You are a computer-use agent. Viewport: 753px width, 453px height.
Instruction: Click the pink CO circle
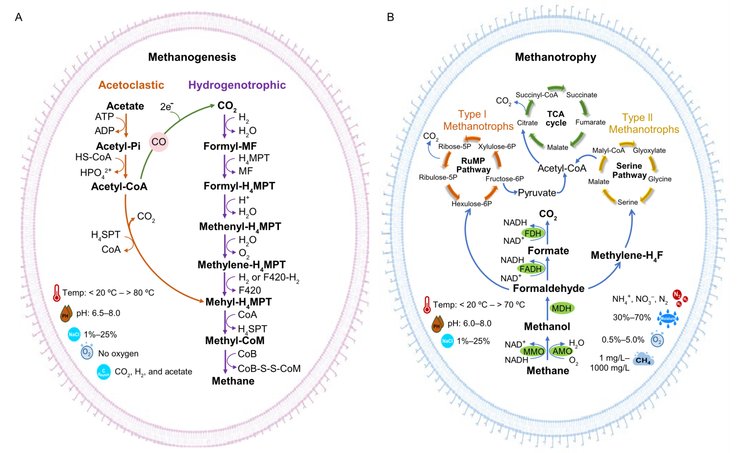159,142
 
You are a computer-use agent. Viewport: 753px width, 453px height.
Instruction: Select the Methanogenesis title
192,57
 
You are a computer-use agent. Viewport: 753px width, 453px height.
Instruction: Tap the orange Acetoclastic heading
131,85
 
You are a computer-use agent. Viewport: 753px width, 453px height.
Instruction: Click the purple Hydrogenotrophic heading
237,85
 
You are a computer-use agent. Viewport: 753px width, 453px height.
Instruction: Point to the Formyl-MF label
230,146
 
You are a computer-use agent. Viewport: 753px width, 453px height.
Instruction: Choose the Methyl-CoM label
235,341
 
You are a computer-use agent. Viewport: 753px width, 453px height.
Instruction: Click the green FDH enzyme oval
533,234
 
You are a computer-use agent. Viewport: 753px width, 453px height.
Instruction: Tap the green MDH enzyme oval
561,308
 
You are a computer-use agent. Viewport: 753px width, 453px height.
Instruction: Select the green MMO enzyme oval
533,351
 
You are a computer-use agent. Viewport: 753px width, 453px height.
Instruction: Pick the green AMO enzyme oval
562,351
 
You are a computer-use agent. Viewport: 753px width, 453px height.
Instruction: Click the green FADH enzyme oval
530,269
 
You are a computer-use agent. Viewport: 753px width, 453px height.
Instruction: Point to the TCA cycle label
556,119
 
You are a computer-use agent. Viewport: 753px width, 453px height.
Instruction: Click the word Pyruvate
537,193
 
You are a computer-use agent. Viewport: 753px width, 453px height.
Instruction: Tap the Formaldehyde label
549,288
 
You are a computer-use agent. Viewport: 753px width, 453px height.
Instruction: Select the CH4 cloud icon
643,360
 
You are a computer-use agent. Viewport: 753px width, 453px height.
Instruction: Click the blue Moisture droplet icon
667,318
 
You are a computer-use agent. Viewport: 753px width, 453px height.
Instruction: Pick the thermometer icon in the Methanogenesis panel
56,293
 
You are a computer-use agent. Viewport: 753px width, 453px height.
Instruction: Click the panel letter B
390,17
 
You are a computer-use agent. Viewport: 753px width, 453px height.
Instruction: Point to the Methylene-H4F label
627,256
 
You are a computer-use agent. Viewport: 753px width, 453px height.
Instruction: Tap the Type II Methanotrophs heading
644,123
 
